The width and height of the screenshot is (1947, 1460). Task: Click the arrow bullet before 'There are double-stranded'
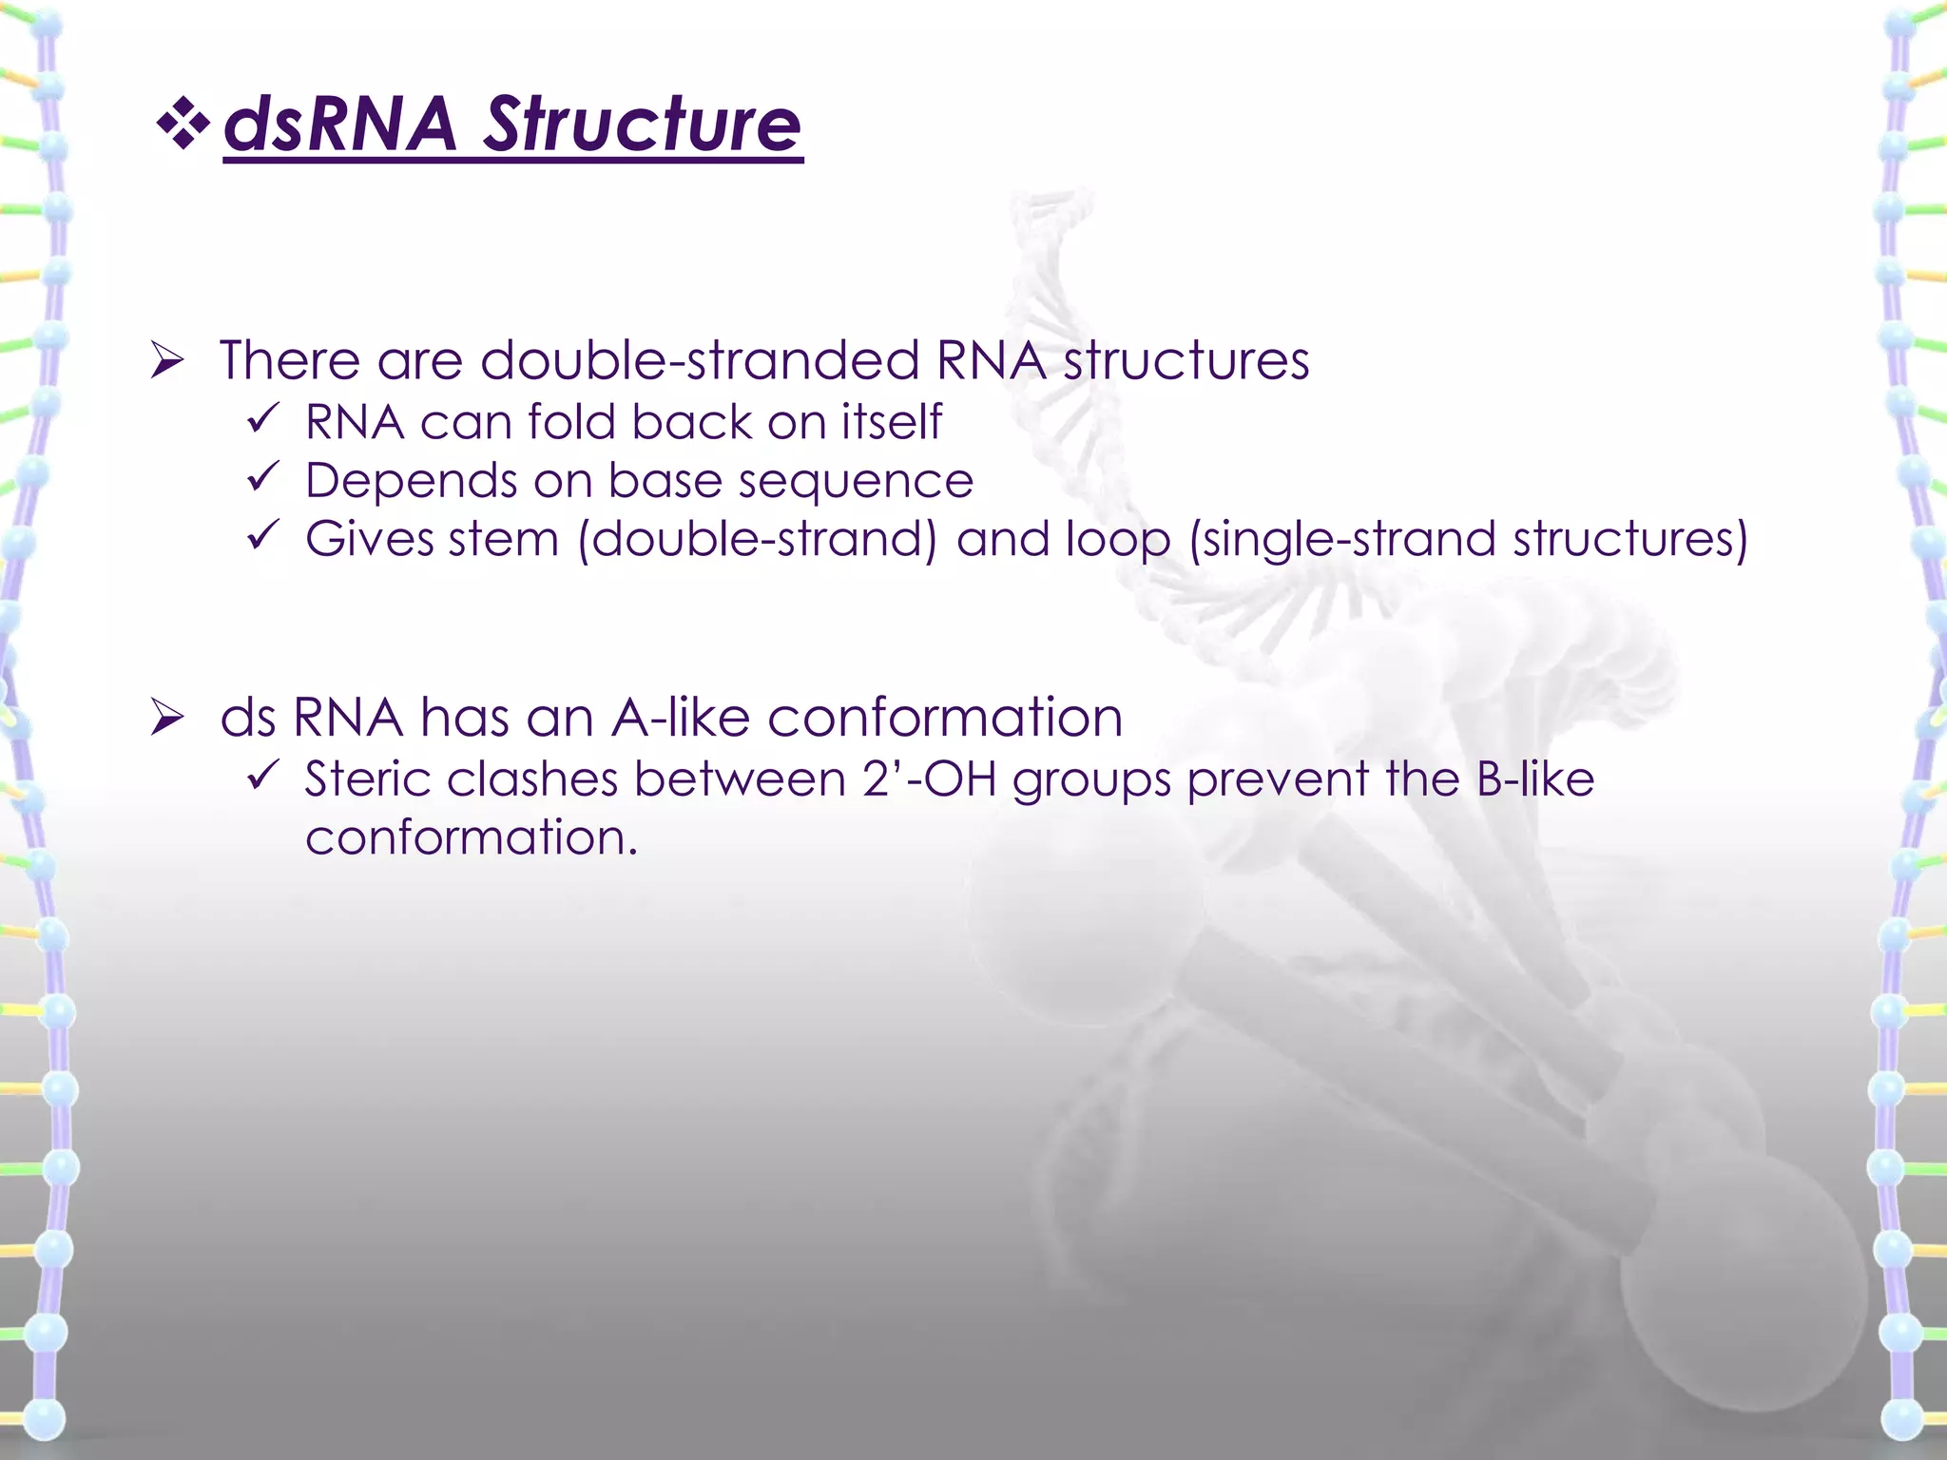tap(166, 361)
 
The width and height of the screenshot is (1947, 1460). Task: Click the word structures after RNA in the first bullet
tap(1186, 361)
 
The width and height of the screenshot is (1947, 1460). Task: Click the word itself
tap(891, 422)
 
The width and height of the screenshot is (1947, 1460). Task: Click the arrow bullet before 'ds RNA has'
tap(166, 718)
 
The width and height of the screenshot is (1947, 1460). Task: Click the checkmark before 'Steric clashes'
tap(261, 776)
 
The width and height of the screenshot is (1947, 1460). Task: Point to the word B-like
tap(1534, 779)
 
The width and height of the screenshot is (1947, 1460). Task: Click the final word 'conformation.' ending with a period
tap(471, 838)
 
